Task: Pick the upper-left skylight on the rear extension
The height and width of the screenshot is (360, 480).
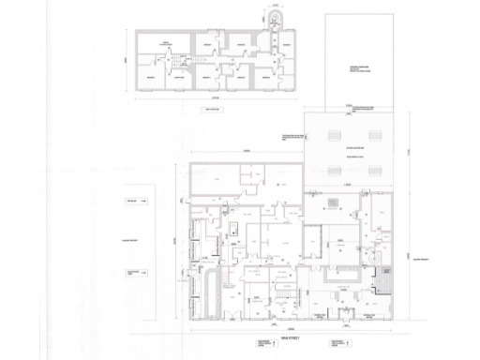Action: pos(335,136)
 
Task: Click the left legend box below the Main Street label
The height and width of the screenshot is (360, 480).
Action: pos(251,345)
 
